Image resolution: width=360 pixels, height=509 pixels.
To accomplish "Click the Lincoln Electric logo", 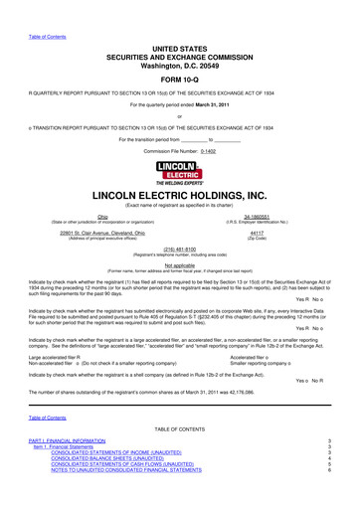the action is [x=180, y=170].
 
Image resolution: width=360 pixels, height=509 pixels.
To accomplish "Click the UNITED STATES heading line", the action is [x=180, y=35].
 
